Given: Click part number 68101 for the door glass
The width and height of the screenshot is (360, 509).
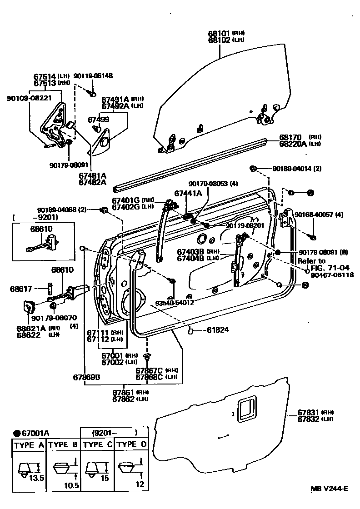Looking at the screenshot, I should [220, 33].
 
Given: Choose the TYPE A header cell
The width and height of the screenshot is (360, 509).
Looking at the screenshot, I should [29, 445].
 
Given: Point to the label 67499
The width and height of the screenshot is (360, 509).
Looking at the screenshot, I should [98, 120].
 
